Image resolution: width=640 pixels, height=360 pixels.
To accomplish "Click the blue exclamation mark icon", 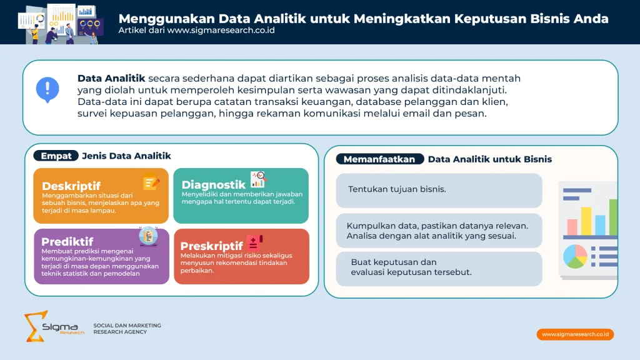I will [47, 89].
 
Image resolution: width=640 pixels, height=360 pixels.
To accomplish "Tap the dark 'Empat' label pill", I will [56, 156].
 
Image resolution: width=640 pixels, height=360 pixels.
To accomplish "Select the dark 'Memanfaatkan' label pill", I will [379, 159].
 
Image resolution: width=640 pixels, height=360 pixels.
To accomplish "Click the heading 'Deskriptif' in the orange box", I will [71, 186].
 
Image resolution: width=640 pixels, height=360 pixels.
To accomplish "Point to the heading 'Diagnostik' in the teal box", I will [213, 184].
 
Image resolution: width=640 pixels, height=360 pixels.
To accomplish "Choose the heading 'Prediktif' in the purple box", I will [67, 241].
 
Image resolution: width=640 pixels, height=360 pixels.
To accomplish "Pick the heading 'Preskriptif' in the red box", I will [211, 246].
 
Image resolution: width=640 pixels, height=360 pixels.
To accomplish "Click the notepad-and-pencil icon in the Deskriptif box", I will [151, 183].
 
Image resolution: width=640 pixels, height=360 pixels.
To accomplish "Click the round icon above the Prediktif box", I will [148, 236].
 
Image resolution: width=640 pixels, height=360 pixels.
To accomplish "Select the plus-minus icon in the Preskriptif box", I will [254, 242].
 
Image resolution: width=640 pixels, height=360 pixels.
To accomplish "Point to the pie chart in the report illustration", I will [575, 256].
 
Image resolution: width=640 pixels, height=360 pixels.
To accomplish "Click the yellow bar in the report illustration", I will [586, 220].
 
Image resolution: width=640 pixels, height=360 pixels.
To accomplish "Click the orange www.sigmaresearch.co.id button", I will [575, 334].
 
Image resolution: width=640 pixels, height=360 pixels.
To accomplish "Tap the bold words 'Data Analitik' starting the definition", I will [111, 78].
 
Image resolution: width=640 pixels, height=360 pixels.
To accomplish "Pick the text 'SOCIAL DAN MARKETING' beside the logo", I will [127, 325].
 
